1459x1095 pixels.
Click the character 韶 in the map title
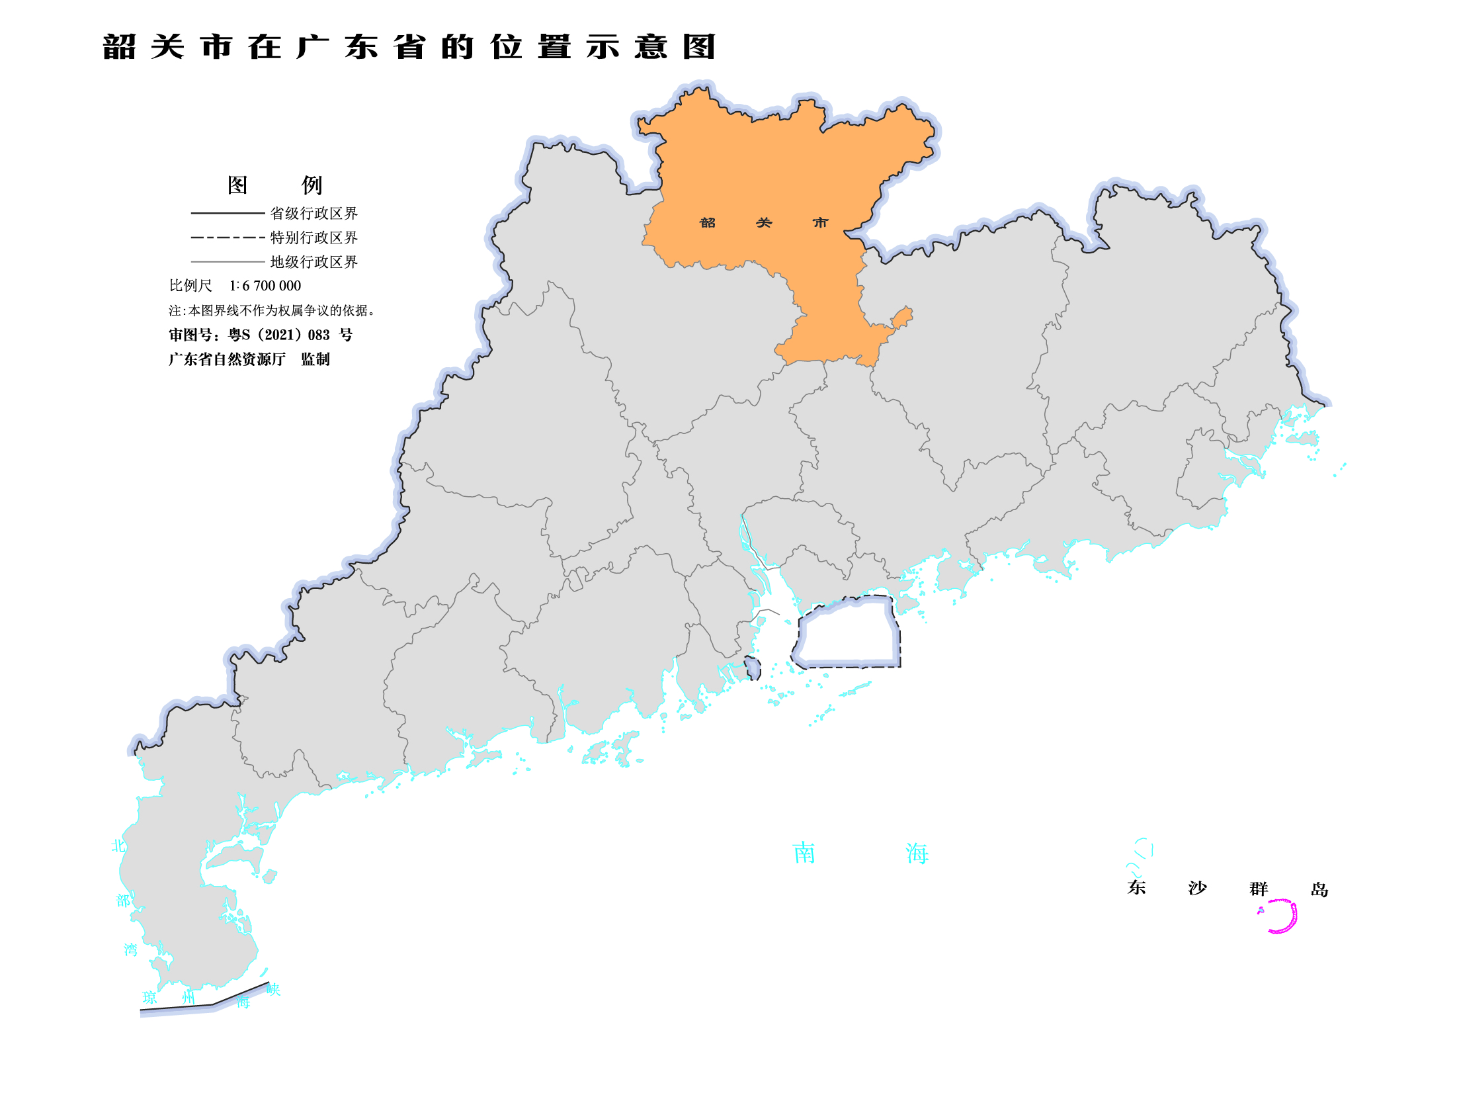(x=119, y=48)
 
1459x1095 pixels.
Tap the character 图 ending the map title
(x=699, y=48)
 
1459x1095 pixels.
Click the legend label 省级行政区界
(x=313, y=213)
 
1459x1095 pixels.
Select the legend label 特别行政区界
(x=313, y=238)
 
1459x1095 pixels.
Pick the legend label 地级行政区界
(x=313, y=262)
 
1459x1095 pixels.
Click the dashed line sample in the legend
(x=228, y=238)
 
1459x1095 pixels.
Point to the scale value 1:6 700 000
(x=265, y=286)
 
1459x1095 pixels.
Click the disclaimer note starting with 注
(x=271, y=310)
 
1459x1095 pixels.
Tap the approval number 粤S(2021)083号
(x=261, y=335)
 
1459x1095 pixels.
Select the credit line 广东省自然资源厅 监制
(x=249, y=359)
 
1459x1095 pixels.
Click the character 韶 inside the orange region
(x=707, y=223)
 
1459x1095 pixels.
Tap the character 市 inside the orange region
(x=820, y=223)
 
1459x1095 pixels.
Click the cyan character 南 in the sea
(x=804, y=853)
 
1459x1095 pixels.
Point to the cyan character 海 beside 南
(x=917, y=854)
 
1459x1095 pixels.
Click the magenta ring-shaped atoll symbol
(x=1282, y=916)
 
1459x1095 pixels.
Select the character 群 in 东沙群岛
(x=1259, y=889)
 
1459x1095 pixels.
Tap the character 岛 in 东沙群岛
(x=1319, y=889)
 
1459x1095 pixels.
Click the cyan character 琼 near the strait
(x=150, y=998)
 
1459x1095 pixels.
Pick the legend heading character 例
(x=312, y=185)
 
